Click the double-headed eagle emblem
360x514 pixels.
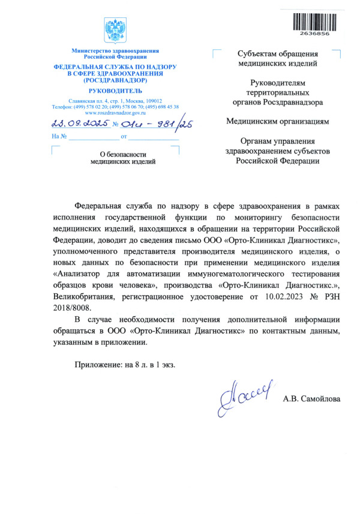(x=115, y=29)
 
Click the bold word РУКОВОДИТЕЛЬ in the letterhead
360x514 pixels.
(x=115, y=90)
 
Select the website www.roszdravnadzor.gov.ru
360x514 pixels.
(x=115, y=112)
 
